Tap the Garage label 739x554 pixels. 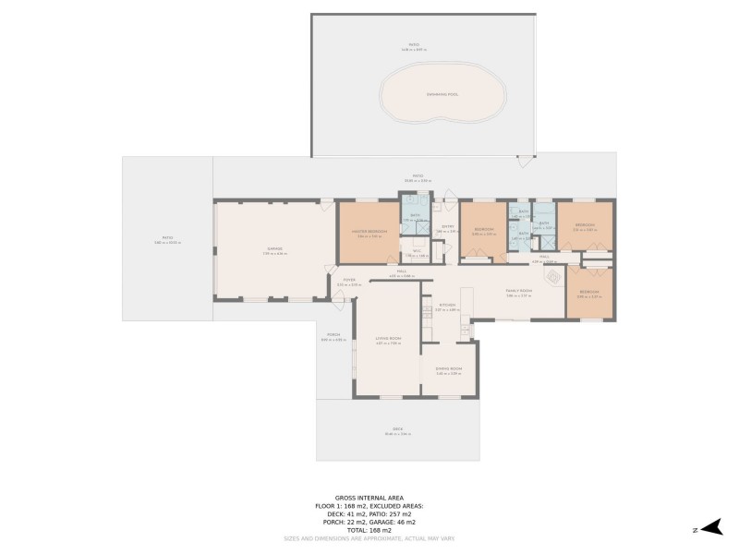pyautogui.click(x=274, y=248)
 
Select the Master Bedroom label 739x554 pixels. pyautogui.click(x=369, y=232)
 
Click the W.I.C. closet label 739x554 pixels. pyautogui.click(x=417, y=253)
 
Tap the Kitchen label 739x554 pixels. pyautogui.click(x=443, y=306)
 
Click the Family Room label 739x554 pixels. pyautogui.click(x=518, y=291)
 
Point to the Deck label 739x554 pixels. pyautogui.click(x=398, y=429)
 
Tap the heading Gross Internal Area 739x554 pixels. pyautogui.click(x=369, y=498)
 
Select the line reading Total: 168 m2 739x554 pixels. pyautogui.click(x=369, y=531)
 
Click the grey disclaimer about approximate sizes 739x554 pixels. pyautogui.click(x=369, y=538)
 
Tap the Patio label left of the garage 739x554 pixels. pyautogui.click(x=167, y=239)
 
